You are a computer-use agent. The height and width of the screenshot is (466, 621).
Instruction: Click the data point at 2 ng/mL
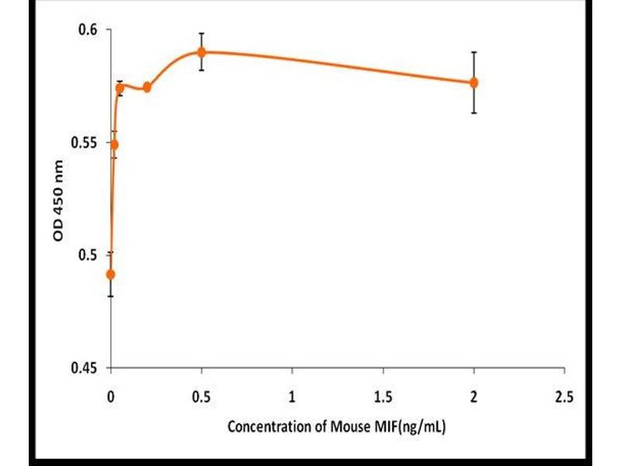click(x=474, y=82)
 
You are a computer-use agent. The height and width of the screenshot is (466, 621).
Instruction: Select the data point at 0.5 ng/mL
click(x=202, y=52)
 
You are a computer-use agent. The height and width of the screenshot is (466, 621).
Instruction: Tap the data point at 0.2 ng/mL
click(x=147, y=87)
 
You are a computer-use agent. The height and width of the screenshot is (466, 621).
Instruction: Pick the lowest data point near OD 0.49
click(x=111, y=274)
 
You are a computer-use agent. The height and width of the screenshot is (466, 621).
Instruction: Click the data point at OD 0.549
click(x=114, y=144)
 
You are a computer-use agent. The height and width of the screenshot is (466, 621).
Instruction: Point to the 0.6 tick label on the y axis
click(x=92, y=30)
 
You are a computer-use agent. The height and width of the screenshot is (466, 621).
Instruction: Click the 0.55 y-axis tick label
click(x=88, y=142)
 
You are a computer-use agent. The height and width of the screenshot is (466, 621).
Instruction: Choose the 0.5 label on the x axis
click(x=201, y=397)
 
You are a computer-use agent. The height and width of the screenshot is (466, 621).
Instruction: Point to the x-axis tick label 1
click(x=292, y=397)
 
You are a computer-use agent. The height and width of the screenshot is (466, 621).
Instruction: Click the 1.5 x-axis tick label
click(x=383, y=397)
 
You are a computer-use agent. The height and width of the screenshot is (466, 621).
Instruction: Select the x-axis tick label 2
click(x=474, y=397)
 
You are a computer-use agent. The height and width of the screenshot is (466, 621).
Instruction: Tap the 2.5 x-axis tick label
click(x=564, y=397)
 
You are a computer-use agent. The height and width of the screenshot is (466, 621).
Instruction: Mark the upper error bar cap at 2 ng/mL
click(x=474, y=52)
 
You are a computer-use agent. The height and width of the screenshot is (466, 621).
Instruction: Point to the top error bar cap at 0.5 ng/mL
click(x=202, y=33)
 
